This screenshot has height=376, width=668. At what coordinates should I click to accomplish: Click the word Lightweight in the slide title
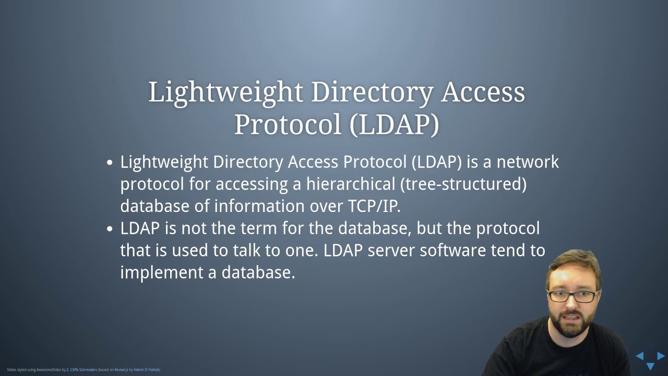click(x=225, y=92)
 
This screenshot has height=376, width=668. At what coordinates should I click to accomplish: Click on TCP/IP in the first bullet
click(x=374, y=206)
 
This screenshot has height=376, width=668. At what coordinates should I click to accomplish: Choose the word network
click(x=527, y=162)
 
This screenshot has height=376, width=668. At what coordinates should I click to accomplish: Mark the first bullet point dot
click(x=110, y=163)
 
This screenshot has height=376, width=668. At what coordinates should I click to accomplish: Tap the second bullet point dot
click(x=110, y=229)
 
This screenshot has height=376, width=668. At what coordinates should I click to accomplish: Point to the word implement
click(x=162, y=273)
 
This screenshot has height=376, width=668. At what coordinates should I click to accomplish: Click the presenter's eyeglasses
click(x=572, y=297)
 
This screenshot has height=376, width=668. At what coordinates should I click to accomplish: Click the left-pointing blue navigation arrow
click(x=639, y=356)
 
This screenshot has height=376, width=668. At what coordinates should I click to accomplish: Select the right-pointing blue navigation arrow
click(x=661, y=356)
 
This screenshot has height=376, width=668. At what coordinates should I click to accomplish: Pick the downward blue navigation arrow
click(x=650, y=367)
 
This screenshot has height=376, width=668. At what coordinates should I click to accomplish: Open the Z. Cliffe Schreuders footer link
click(x=82, y=370)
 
